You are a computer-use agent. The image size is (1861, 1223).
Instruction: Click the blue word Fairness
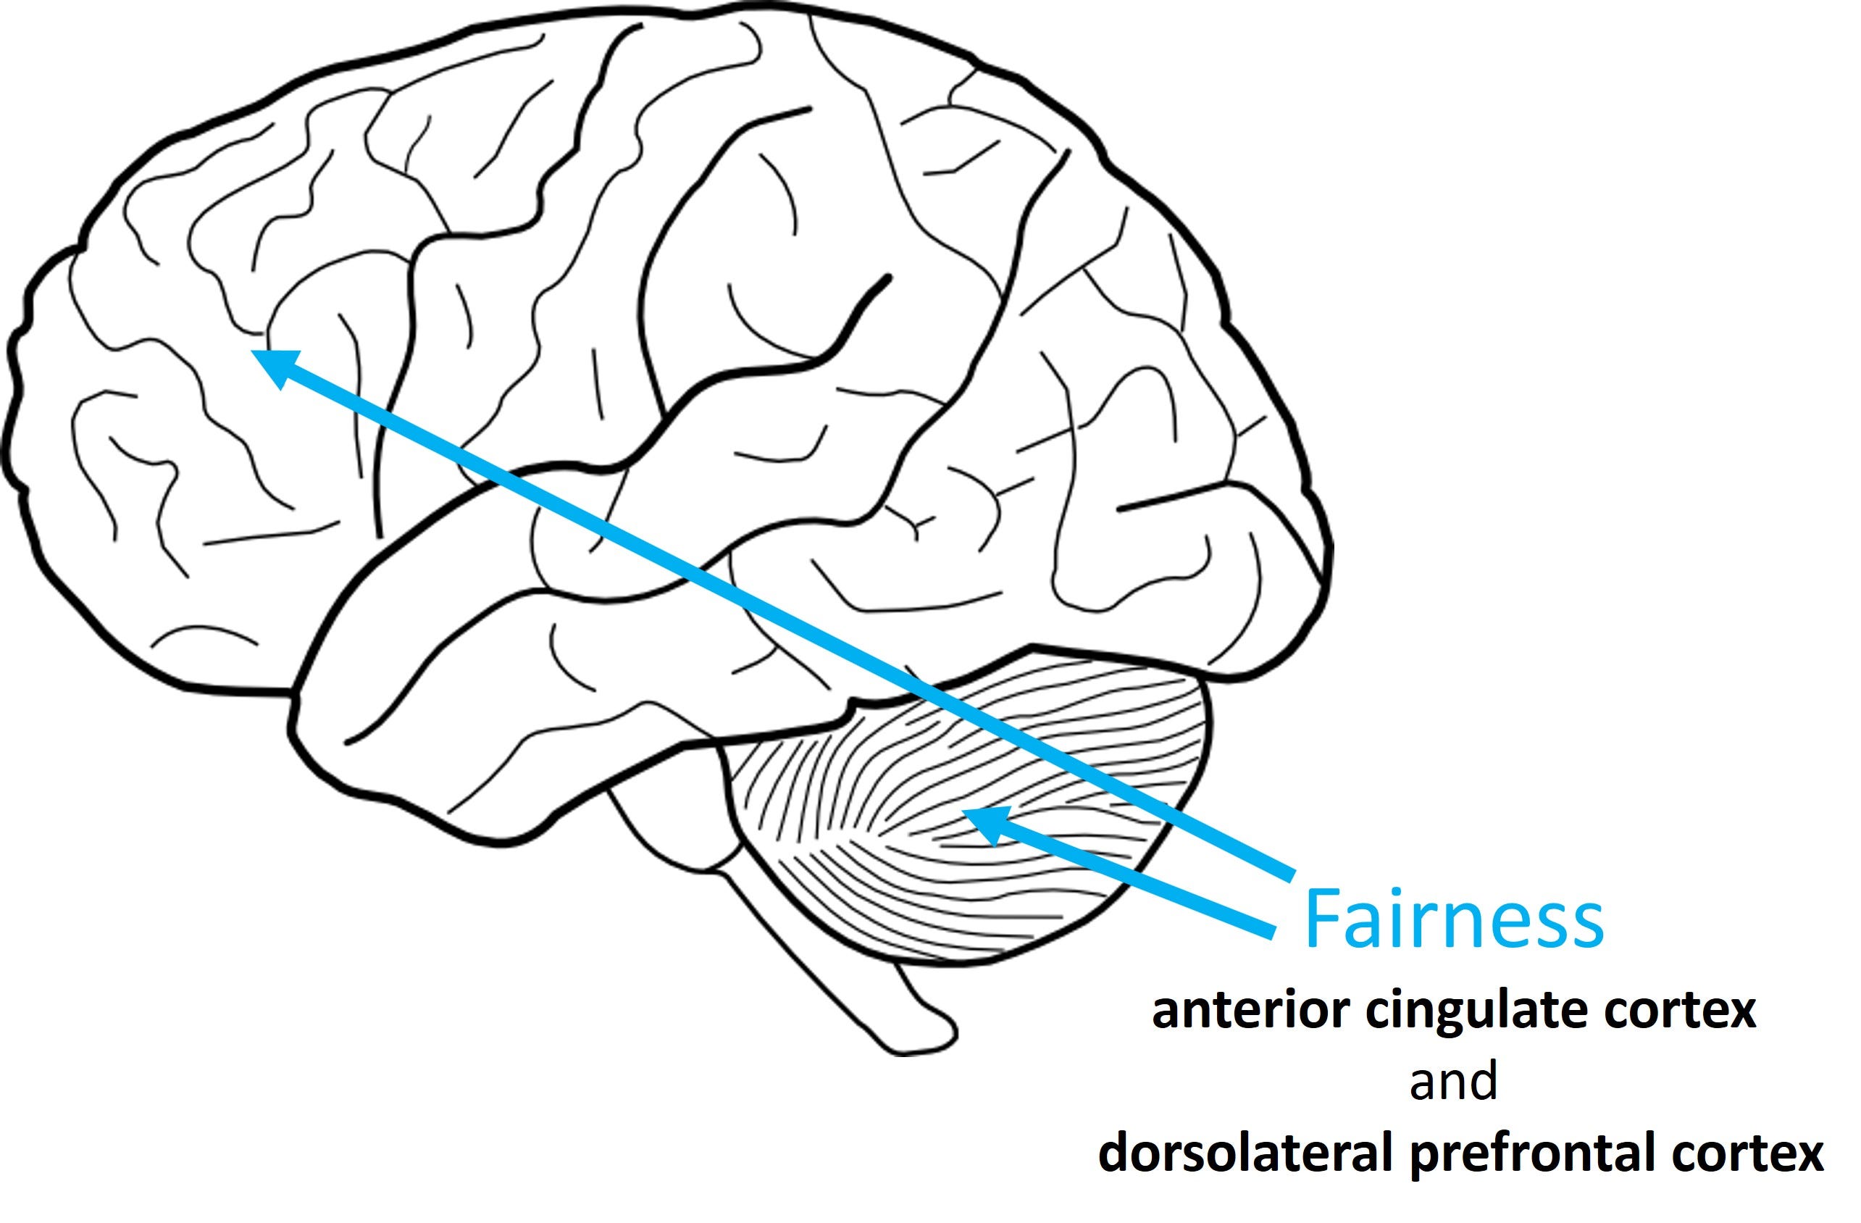(x=1454, y=920)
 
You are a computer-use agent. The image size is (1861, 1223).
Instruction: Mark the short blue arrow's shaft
(x=1134, y=884)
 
